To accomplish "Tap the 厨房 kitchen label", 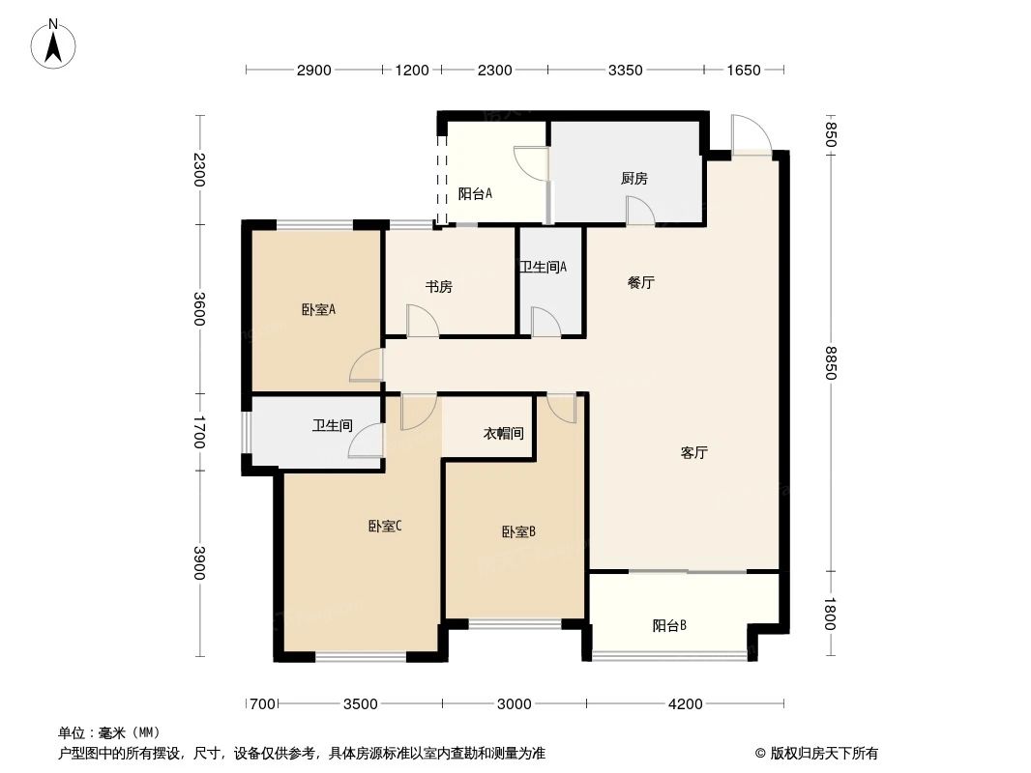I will pyautogui.click(x=633, y=179).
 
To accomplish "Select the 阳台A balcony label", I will pyautogui.click(x=475, y=193).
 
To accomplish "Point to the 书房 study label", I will pyautogui.click(x=439, y=287).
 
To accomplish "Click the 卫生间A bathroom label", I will pyautogui.click(x=543, y=267).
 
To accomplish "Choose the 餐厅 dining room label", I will pyautogui.click(x=641, y=283).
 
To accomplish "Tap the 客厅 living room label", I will pyautogui.click(x=694, y=452).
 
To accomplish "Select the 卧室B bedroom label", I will pyautogui.click(x=518, y=531).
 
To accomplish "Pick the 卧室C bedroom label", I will pyautogui.click(x=385, y=527).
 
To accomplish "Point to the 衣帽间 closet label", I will pyautogui.click(x=503, y=434).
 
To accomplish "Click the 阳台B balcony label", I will pyautogui.click(x=669, y=625).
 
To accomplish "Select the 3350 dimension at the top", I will pyautogui.click(x=625, y=70).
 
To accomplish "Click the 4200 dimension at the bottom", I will pyautogui.click(x=685, y=703).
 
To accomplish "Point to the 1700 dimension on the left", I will pyautogui.click(x=200, y=432).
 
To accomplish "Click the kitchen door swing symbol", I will pyautogui.click(x=639, y=211).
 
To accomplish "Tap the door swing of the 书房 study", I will pyautogui.click(x=422, y=322).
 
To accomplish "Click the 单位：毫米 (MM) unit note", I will pyautogui.click(x=108, y=732).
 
